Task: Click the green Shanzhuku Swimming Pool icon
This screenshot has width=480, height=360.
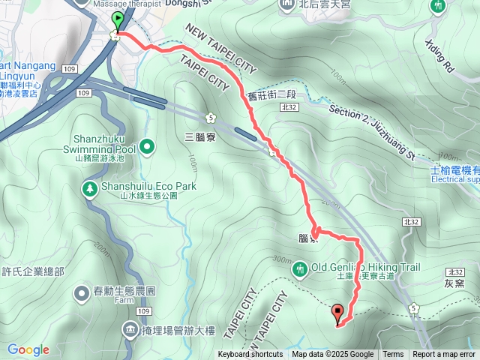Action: (x=147, y=145)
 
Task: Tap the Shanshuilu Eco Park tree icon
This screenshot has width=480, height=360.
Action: (x=89, y=187)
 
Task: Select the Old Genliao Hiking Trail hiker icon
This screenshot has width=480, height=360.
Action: (x=300, y=268)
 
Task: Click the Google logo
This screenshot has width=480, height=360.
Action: (x=28, y=349)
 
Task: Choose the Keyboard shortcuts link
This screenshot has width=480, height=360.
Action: (x=250, y=355)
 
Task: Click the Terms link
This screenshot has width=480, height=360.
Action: (x=393, y=355)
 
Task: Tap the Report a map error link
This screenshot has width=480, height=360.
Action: (x=444, y=355)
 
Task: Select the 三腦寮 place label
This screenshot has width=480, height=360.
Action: (x=199, y=137)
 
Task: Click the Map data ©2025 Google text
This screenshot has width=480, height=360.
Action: (x=333, y=355)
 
